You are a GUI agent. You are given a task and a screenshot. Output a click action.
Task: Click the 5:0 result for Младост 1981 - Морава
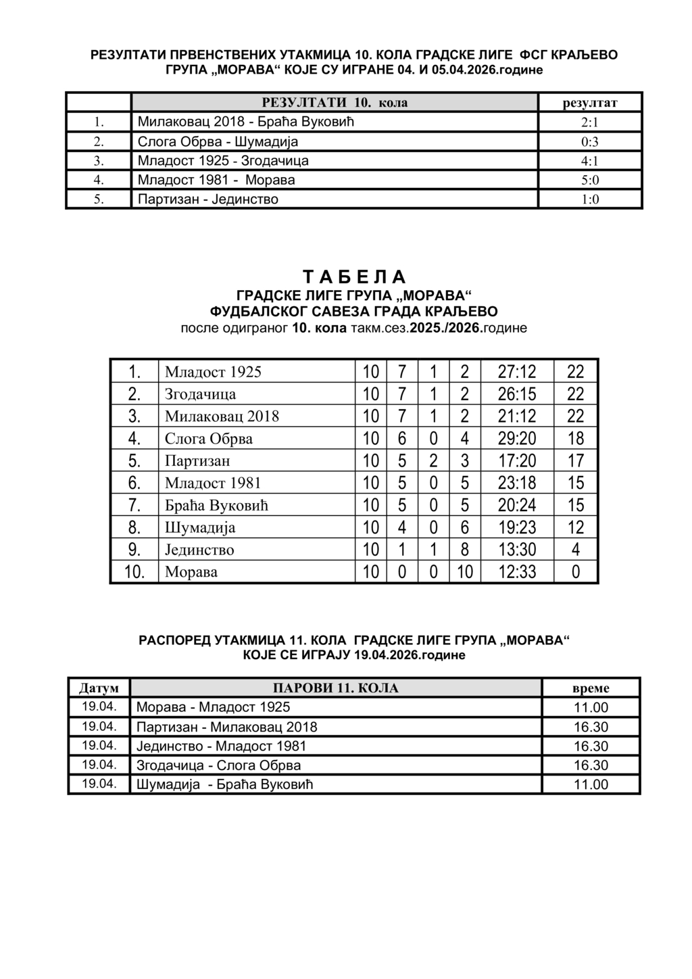(590, 181)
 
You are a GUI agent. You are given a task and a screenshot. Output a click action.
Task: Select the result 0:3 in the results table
(590, 142)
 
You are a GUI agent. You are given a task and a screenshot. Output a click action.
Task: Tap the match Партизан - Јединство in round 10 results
(208, 199)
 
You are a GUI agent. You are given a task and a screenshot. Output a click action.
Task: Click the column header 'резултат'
(590, 103)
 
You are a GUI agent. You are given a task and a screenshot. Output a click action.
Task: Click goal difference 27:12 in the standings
(517, 371)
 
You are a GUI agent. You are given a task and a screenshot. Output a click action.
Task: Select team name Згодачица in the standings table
(201, 394)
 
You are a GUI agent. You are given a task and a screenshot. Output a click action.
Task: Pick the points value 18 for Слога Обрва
(576, 438)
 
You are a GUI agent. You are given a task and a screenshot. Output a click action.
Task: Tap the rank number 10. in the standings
(134, 572)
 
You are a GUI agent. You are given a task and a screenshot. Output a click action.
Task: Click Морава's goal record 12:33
(517, 572)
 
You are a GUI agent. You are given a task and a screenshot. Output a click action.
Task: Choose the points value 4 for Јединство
(576, 550)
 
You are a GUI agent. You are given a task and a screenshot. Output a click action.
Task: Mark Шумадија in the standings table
(200, 527)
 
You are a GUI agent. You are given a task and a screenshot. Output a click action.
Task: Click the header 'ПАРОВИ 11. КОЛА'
(335, 688)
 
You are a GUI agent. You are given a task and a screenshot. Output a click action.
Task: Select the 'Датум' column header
(99, 688)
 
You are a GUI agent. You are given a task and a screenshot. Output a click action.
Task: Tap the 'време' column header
(591, 688)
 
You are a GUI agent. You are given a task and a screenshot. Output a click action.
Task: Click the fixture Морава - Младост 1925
(214, 707)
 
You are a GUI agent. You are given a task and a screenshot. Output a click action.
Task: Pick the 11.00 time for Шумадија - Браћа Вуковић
(591, 785)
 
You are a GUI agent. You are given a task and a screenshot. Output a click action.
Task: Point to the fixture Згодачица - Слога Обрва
(219, 765)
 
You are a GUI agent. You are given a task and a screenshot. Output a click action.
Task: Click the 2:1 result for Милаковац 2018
(590, 123)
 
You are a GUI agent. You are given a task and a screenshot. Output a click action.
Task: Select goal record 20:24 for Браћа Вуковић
(517, 505)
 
